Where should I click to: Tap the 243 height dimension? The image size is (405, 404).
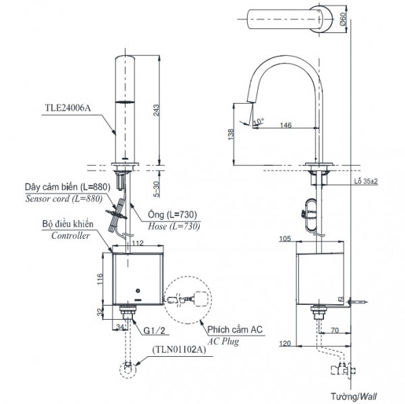coord(157,111)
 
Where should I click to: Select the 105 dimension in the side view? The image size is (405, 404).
coord(284,238)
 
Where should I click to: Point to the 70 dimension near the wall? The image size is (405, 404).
coord(335,331)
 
